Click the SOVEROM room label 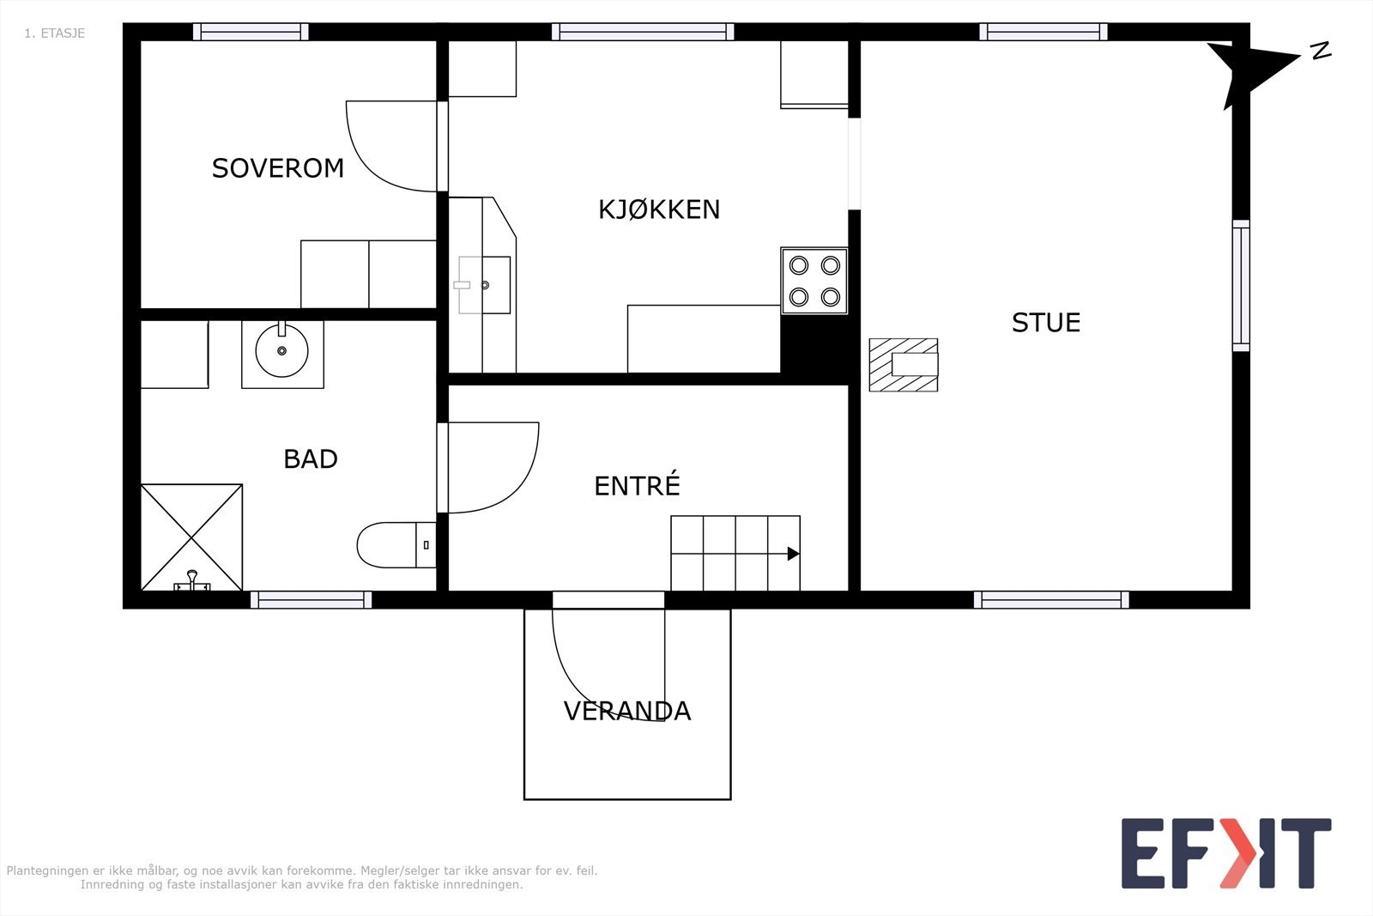pyautogui.click(x=277, y=168)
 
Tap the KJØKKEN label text pyautogui.click(x=658, y=209)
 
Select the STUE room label pyautogui.click(x=1045, y=323)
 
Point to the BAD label pyautogui.click(x=310, y=459)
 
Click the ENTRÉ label pyautogui.click(x=637, y=486)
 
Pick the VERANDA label pyautogui.click(x=626, y=711)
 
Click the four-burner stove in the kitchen pyautogui.click(x=814, y=281)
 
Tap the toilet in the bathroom pyautogui.click(x=390, y=545)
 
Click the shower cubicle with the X pyautogui.click(x=191, y=537)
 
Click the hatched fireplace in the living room pyautogui.click(x=903, y=365)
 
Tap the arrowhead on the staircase pyautogui.click(x=793, y=554)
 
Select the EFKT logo pyautogui.click(x=1225, y=853)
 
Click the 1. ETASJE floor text pyautogui.click(x=54, y=33)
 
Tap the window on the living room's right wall pyautogui.click(x=1241, y=286)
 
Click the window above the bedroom pyautogui.click(x=251, y=32)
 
